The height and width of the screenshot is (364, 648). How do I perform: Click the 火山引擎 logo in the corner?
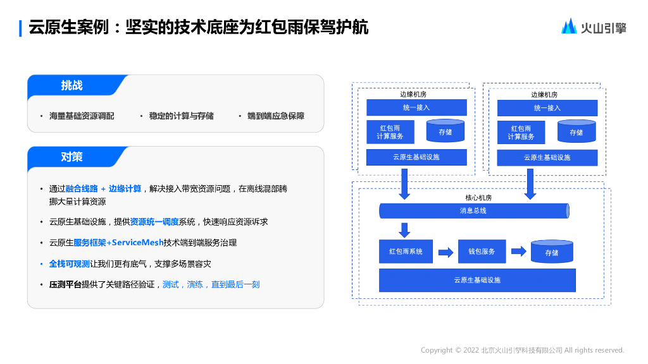[x=593, y=27]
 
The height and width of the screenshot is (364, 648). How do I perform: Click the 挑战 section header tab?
[x=72, y=86]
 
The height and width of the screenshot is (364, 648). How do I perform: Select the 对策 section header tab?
[x=72, y=157]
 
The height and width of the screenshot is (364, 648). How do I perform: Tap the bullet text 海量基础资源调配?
[x=82, y=116]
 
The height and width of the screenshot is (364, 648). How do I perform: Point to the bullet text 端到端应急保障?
[x=276, y=116]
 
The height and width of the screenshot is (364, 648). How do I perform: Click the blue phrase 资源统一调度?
[x=154, y=222]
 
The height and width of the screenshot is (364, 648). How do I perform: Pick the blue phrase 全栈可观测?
[x=69, y=264]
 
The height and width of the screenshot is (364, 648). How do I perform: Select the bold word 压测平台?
[x=65, y=284]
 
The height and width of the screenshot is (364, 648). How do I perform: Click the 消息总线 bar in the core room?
[x=473, y=211]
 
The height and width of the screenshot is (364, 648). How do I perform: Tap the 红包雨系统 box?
[x=406, y=252]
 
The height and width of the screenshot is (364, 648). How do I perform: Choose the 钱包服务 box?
[x=482, y=252]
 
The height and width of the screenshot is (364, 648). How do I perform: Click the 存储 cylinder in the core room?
[x=552, y=252]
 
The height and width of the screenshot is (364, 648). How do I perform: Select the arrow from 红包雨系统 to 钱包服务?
[x=445, y=252]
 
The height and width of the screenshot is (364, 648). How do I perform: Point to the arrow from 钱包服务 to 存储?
[x=518, y=252]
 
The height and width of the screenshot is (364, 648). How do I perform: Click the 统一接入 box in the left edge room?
[x=416, y=107]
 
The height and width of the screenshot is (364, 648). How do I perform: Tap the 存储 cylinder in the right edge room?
[x=576, y=131]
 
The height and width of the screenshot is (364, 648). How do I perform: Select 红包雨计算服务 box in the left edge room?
[x=390, y=132]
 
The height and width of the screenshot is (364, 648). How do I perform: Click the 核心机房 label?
[x=478, y=198]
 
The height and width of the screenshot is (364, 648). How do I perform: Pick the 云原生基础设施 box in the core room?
[x=477, y=280]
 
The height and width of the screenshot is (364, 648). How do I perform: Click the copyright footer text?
[x=522, y=350]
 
